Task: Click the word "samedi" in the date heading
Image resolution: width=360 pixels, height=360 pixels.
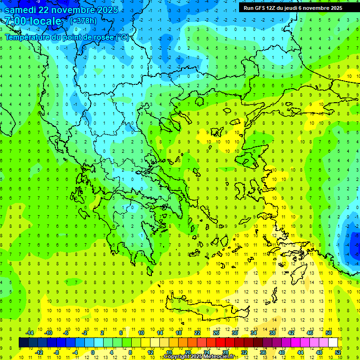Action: (x=21, y=9)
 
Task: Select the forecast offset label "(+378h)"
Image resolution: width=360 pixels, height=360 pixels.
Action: (x=83, y=21)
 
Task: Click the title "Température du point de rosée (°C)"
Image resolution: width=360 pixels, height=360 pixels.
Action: (x=67, y=37)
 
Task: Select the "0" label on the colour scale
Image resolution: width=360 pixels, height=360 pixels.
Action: (x=93, y=352)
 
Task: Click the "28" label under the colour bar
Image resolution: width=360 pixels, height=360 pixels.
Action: (x=225, y=352)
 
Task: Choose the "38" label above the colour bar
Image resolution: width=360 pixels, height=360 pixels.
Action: (x=272, y=333)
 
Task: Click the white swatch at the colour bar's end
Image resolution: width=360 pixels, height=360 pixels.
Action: (x=333, y=343)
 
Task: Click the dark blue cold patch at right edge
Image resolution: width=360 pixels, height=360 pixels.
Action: (x=352, y=239)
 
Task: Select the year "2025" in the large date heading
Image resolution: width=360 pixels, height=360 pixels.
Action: (x=106, y=9)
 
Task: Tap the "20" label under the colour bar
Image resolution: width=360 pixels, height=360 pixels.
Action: (x=187, y=352)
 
